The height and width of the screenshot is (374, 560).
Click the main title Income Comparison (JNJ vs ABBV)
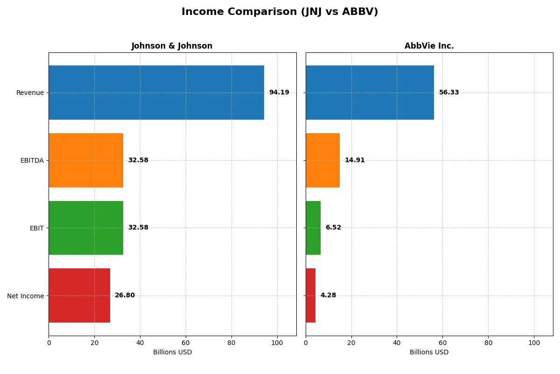coord(280,12)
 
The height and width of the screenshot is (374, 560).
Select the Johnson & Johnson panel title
coord(172,46)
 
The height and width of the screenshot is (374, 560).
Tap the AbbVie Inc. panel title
coord(429,46)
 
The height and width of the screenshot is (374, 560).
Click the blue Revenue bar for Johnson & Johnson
coord(156,93)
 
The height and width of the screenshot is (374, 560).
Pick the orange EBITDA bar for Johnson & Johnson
coord(86,160)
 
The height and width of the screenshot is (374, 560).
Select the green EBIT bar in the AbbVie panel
coord(313,228)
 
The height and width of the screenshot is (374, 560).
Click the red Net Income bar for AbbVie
coord(311,295)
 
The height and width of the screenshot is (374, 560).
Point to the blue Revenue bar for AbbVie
coord(370,93)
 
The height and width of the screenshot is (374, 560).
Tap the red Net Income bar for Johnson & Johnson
coord(79,295)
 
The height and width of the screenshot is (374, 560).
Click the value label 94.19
coord(279,93)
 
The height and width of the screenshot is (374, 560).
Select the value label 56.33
coord(449,93)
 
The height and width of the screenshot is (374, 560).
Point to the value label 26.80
coord(125,295)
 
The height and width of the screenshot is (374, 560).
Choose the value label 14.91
coord(355,160)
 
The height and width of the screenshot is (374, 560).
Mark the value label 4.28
coord(328,295)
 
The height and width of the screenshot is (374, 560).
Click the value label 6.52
coord(333,228)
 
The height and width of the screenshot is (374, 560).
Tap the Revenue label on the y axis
coord(30,93)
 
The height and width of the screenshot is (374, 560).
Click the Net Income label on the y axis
coord(26,296)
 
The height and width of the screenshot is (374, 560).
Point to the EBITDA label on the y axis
coord(32,160)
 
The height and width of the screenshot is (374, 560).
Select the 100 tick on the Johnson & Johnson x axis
coord(277,343)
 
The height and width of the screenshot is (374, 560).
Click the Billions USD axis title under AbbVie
coord(429,352)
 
